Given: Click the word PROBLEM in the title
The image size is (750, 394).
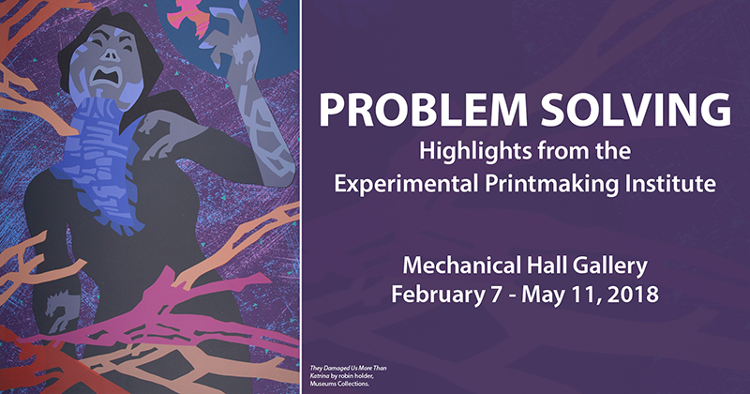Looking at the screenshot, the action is point(423,110).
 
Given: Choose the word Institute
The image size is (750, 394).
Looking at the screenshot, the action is point(667,183).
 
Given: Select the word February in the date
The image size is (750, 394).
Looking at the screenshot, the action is point(438,295).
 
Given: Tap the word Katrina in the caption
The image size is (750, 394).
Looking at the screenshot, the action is point(317,376).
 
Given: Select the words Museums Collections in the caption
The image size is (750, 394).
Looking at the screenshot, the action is point(339,384).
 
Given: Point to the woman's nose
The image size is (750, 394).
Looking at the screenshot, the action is point(111,54).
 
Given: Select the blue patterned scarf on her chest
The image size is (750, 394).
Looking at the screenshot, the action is point(101,163).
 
